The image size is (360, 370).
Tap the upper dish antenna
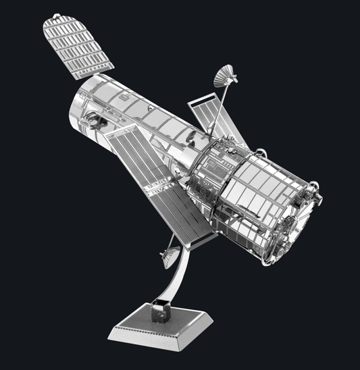coord(226,76)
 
